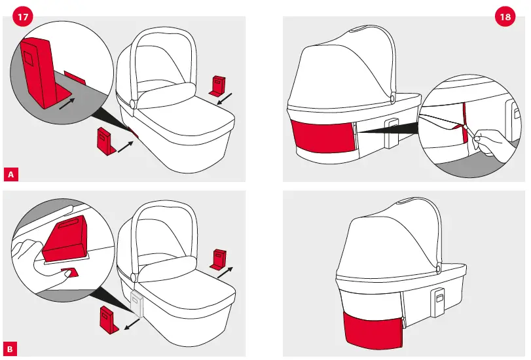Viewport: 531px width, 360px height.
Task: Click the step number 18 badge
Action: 505,18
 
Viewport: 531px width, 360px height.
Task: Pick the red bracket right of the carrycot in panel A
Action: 219,85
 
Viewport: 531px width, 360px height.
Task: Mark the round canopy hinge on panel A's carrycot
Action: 133,104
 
